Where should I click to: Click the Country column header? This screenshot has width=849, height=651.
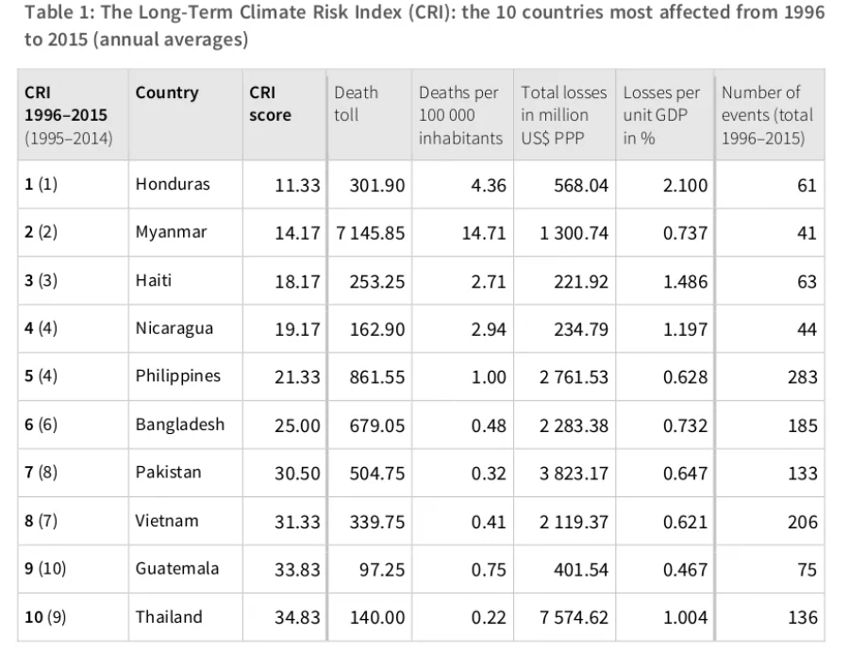click(x=167, y=93)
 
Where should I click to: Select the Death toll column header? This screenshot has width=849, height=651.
click(x=356, y=104)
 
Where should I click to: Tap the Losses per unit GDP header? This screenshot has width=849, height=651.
click(x=661, y=115)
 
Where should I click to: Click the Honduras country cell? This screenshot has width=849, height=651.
click(x=173, y=184)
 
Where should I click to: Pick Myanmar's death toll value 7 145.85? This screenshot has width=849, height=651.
click(x=371, y=233)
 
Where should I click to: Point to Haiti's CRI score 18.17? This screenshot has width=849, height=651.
click(x=297, y=282)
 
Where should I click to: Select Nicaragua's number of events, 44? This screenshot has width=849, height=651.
click(x=807, y=329)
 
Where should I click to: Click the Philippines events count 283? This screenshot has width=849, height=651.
click(x=803, y=377)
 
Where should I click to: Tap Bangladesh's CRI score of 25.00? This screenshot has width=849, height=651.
click(x=297, y=426)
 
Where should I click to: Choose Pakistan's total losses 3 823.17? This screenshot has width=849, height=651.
click(x=574, y=474)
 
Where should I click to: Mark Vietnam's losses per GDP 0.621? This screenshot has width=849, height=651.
click(x=685, y=522)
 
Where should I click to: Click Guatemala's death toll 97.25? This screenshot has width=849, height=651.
click(x=382, y=570)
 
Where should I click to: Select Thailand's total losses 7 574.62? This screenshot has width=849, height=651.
click(x=574, y=617)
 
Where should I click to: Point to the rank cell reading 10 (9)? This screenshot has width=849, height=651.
click(x=45, y=617)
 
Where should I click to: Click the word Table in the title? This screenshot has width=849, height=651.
click(x=43, y=12)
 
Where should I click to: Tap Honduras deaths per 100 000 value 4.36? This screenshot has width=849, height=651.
click(x=489, y=185)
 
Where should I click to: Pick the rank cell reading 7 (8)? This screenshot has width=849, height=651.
click(x=41, y=473)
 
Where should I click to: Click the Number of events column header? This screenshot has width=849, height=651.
click(x=767, y=115)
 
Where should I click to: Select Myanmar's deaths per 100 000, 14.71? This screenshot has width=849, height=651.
click(x=484, y=233)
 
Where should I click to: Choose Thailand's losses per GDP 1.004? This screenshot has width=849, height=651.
click(x=685, y=617)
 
